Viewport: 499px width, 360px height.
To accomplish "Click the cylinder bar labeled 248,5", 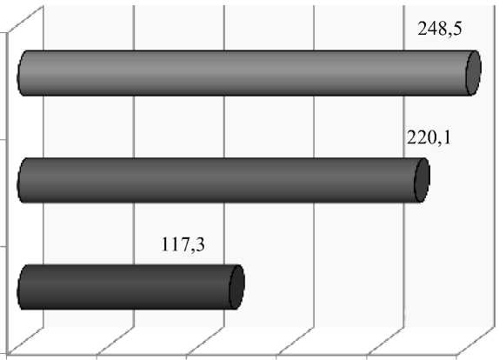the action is pos(249,73).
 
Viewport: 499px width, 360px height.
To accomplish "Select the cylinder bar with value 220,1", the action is pos(223,180).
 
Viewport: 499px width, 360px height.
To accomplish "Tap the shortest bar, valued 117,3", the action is pos(130,287).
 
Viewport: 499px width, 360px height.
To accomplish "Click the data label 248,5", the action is pos(440,30).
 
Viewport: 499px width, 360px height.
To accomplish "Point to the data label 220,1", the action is pos(429,138).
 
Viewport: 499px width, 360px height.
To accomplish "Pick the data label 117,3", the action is pos(183,245).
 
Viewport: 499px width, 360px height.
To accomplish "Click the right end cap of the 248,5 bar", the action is pos(474,73).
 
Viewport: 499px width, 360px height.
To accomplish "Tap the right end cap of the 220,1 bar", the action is pos(422,180).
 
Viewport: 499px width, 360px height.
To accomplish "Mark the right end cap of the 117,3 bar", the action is pos(237,287).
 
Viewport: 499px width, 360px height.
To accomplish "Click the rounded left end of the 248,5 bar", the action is pos(21,73).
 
